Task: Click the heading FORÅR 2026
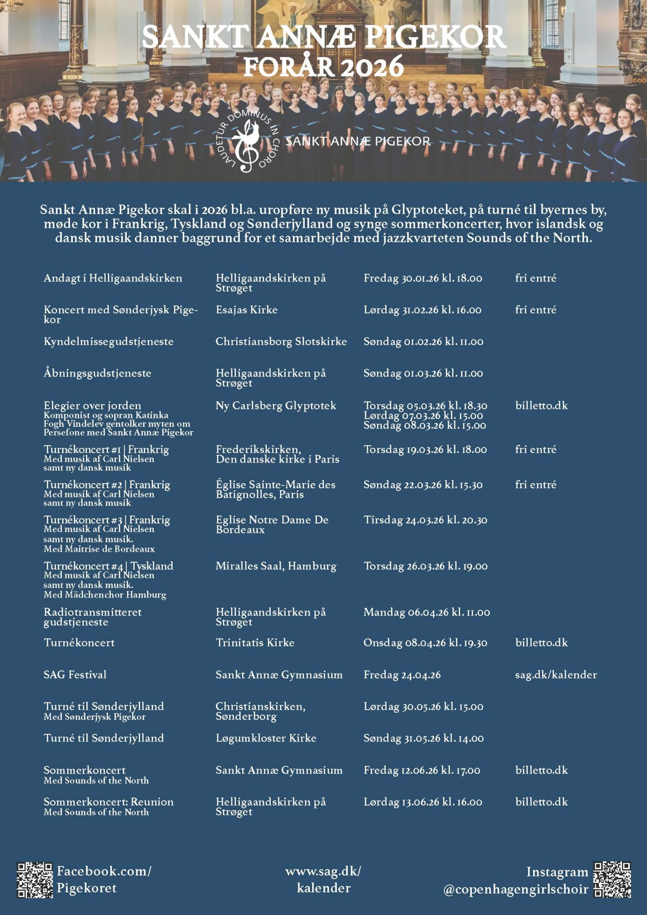[x=323, y=67]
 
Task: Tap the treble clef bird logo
[x=247, y=144]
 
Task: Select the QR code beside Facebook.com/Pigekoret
[x=35, y=879]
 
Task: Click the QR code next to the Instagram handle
[x=612, y=879]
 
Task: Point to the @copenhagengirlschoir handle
[x=516, y=889]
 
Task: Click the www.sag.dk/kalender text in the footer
[x=323, y=879]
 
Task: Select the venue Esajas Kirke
[x=247, y=310]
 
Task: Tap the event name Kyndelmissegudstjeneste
[x=108, y=341]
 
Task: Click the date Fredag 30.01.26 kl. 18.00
[x=423, y=278]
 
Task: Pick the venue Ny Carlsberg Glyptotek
[x=276, y=405]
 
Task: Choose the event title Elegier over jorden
[x=92, y=405]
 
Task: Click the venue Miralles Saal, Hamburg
[x=276, y=566]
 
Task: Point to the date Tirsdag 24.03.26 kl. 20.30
[x=425, y=520]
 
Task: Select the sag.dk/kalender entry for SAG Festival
[x=556, y=674]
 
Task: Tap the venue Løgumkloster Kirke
[x=266, y=738]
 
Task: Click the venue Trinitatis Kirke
[x=255, y=642]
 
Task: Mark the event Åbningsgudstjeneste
[x=97, y=373]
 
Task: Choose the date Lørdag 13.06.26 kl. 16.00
[x=423, y=802]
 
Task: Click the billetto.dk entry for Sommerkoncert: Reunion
[x=541, y=802]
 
